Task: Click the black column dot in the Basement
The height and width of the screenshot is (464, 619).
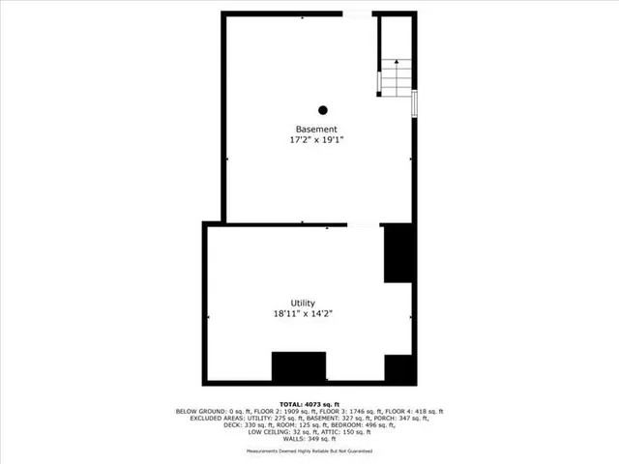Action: [x=323, y=109]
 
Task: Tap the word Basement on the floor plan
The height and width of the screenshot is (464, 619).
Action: [x=316, y=130]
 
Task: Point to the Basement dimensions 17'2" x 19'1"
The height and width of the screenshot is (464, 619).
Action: [x=316, y=140]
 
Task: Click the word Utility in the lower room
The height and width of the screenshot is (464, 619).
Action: [x=302, y=303]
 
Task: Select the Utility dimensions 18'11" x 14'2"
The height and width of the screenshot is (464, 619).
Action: [x=303, y=313]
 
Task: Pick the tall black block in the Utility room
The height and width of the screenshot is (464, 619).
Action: [x=399, y=253]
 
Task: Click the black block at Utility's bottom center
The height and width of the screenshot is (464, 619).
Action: [x=299, y=367]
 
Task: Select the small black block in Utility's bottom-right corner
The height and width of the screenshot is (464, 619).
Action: [x=399, y=368]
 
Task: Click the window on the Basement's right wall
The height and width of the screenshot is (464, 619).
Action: [x=415, y=102]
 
